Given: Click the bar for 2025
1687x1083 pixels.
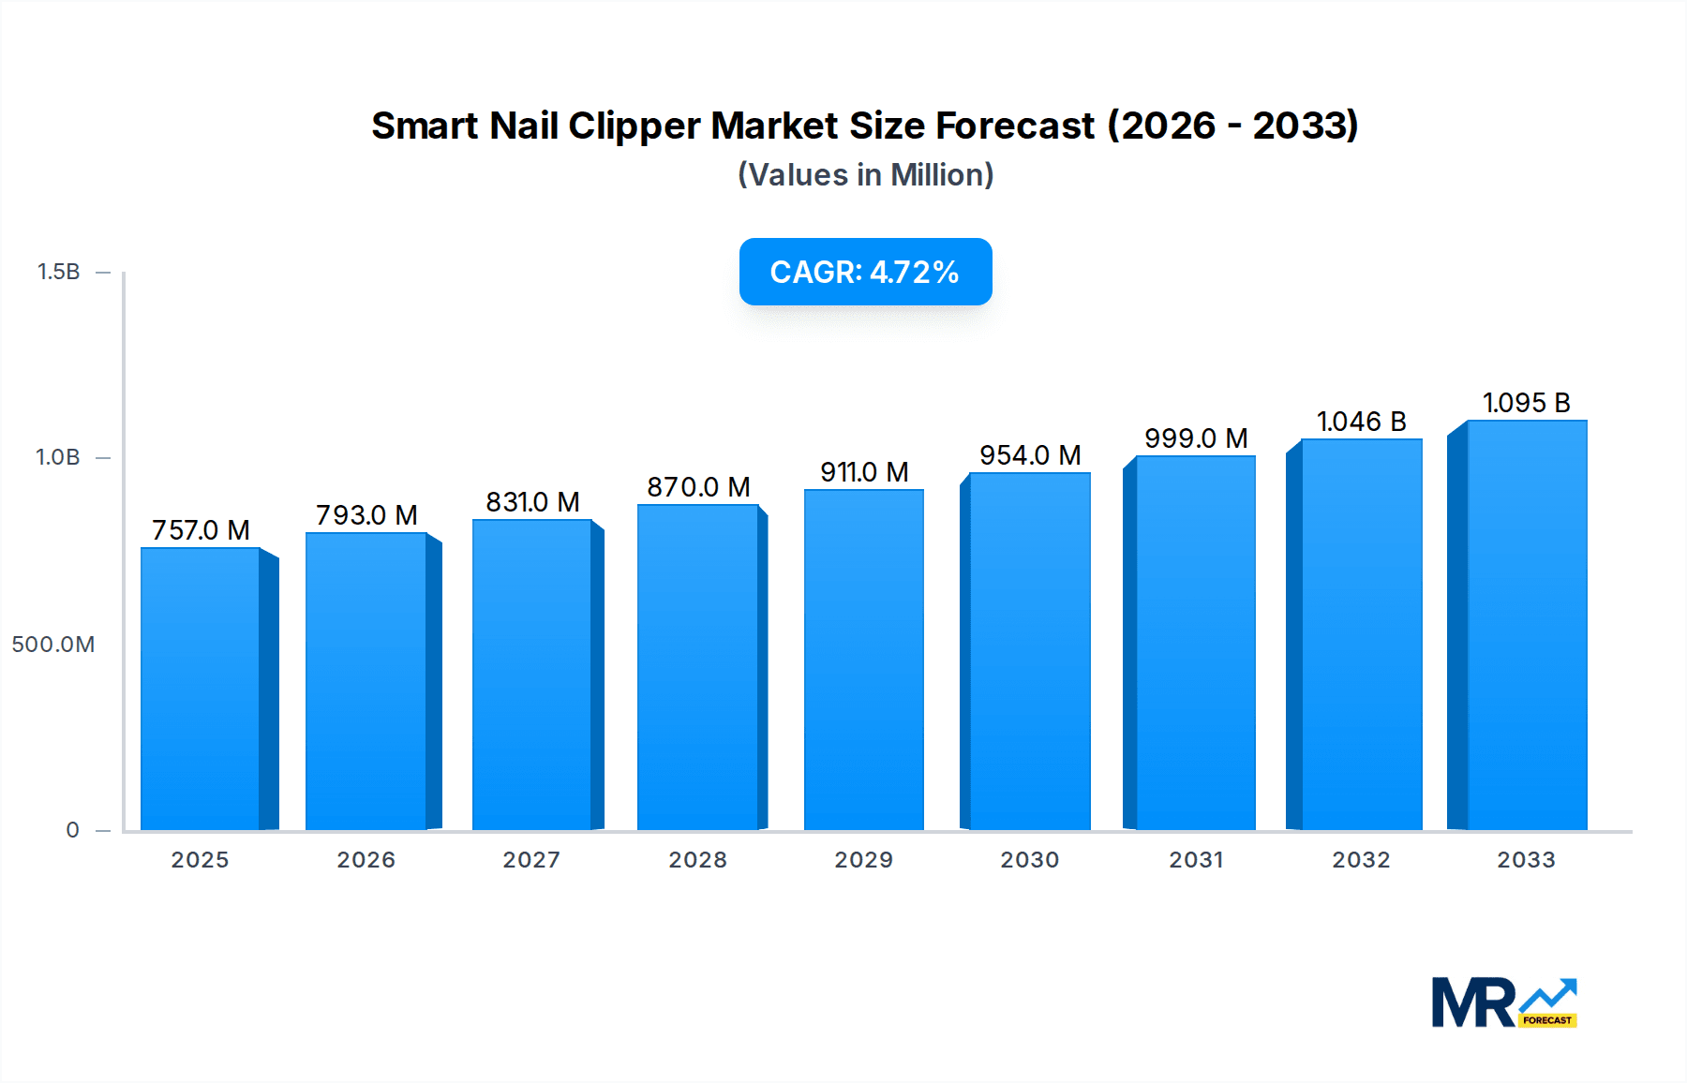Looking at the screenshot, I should [201, 689].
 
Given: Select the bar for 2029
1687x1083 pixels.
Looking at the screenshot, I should [864, 660].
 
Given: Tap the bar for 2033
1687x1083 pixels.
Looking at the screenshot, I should [1527, 625].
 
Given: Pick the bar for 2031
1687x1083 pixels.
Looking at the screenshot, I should [1195, 643].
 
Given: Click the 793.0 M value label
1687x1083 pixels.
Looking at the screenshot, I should [366, 515].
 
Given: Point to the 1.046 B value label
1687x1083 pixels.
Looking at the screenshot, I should [1361, 422].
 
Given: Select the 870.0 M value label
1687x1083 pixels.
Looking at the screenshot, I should [698, 487].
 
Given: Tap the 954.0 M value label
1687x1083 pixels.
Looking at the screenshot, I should [1030, 455].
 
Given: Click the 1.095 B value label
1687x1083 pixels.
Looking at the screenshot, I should [1526, 403].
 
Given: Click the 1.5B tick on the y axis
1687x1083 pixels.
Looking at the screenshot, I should [58, 272].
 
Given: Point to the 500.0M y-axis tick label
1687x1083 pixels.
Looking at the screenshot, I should [53, 645].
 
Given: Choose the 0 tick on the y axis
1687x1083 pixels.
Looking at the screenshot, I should [72, 830].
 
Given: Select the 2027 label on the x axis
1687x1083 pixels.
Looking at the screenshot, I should [531, 860].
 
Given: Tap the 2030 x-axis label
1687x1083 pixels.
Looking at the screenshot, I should [1029, 860].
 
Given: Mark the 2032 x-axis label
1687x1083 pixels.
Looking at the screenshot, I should [1361, 860].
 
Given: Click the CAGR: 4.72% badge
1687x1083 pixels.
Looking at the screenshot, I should [865, 272].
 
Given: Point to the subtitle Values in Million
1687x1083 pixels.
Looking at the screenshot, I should [865, 175].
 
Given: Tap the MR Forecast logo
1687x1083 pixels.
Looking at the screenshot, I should [1503, 1002].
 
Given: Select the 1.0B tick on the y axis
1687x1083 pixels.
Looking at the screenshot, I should [58, 457].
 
